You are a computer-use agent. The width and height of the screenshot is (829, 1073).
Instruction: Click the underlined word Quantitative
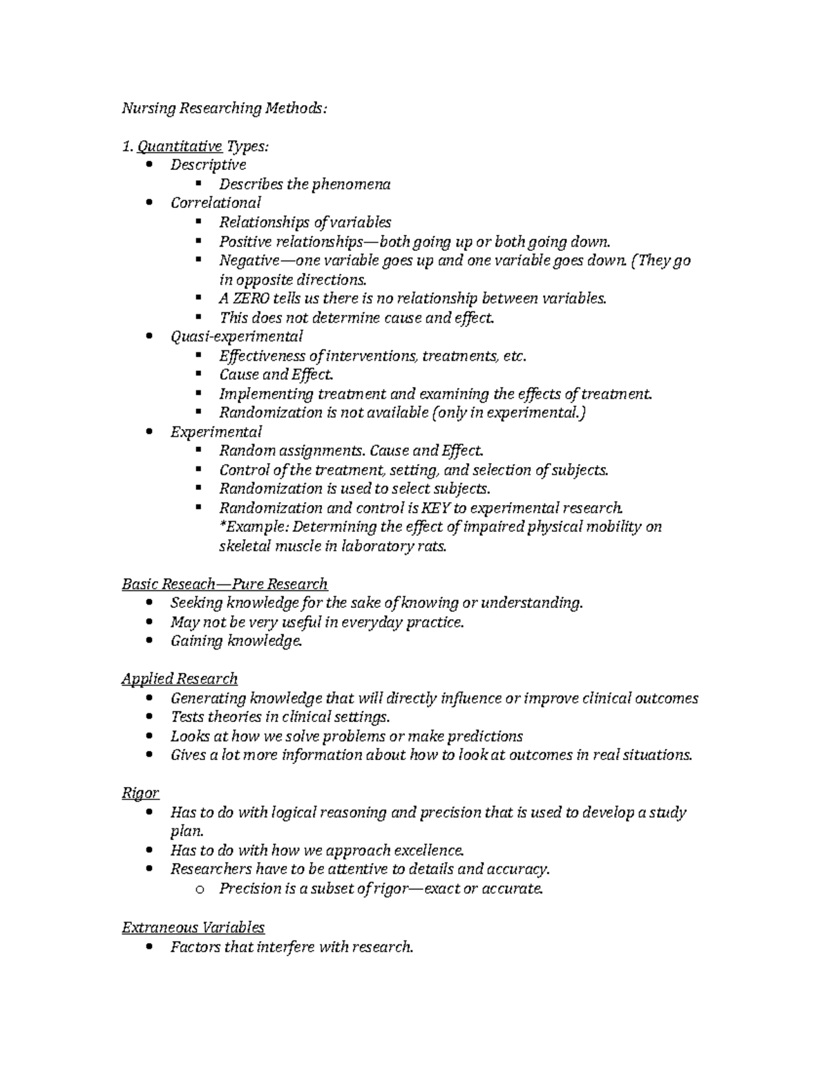point(180,146)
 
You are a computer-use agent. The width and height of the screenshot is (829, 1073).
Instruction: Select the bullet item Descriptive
point(208,165)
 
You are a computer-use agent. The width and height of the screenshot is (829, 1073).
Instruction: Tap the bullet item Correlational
point(216,203)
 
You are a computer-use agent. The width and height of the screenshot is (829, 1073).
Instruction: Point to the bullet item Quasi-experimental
point(236,336)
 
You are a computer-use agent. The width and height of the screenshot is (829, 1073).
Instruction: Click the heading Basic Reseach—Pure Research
point(225,585)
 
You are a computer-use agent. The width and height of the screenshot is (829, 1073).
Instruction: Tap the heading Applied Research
point(180,679)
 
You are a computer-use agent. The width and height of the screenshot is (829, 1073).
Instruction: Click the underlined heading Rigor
point(140,793)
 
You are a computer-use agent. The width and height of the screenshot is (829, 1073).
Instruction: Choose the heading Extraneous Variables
point(193,927)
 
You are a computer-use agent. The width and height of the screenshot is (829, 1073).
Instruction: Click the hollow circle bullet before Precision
point(200,890)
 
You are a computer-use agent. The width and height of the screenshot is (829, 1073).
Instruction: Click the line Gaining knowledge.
point(236,641)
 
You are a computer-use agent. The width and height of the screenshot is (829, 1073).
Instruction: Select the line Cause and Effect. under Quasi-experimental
point(276,374)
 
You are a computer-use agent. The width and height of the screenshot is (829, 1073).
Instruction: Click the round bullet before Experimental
point(151,432)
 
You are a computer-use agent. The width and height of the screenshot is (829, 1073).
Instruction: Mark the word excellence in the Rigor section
point(423,851)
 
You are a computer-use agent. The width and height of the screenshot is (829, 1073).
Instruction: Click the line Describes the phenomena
point(305,184)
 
